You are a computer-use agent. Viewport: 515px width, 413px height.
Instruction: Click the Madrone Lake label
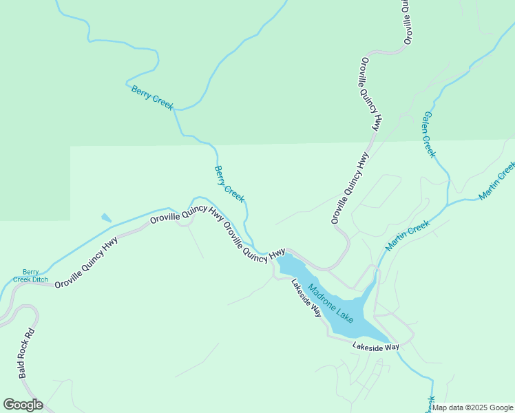point(330,304)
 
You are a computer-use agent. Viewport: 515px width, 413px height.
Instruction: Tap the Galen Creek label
point(430,134)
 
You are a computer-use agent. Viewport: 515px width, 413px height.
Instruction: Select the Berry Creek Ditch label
point(30,276)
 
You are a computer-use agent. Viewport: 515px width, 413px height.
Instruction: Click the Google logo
point(23,405)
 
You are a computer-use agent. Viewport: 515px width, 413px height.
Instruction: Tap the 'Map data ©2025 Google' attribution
point(472,407)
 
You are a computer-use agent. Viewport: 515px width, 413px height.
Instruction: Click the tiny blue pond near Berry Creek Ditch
point(105,218)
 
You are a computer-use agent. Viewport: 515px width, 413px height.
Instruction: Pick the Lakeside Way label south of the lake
point(376,348)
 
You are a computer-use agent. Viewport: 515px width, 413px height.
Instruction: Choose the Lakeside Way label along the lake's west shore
point(306,297)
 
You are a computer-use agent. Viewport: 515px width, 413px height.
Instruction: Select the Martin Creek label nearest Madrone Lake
point(408,235)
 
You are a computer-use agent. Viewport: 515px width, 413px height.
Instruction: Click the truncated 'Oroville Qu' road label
point(408,22)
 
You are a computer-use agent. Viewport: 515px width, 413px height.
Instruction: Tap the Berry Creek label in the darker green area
point(152,97)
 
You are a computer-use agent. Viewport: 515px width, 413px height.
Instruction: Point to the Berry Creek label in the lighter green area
point(229,184)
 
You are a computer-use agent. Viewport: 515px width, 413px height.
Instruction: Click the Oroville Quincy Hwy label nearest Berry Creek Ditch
point(86,262)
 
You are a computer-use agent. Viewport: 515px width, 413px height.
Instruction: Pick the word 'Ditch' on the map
point(39,280)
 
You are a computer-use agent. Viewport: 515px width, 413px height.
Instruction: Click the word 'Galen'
point(428,123)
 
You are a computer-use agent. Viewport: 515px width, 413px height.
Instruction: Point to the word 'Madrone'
point(322,296)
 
